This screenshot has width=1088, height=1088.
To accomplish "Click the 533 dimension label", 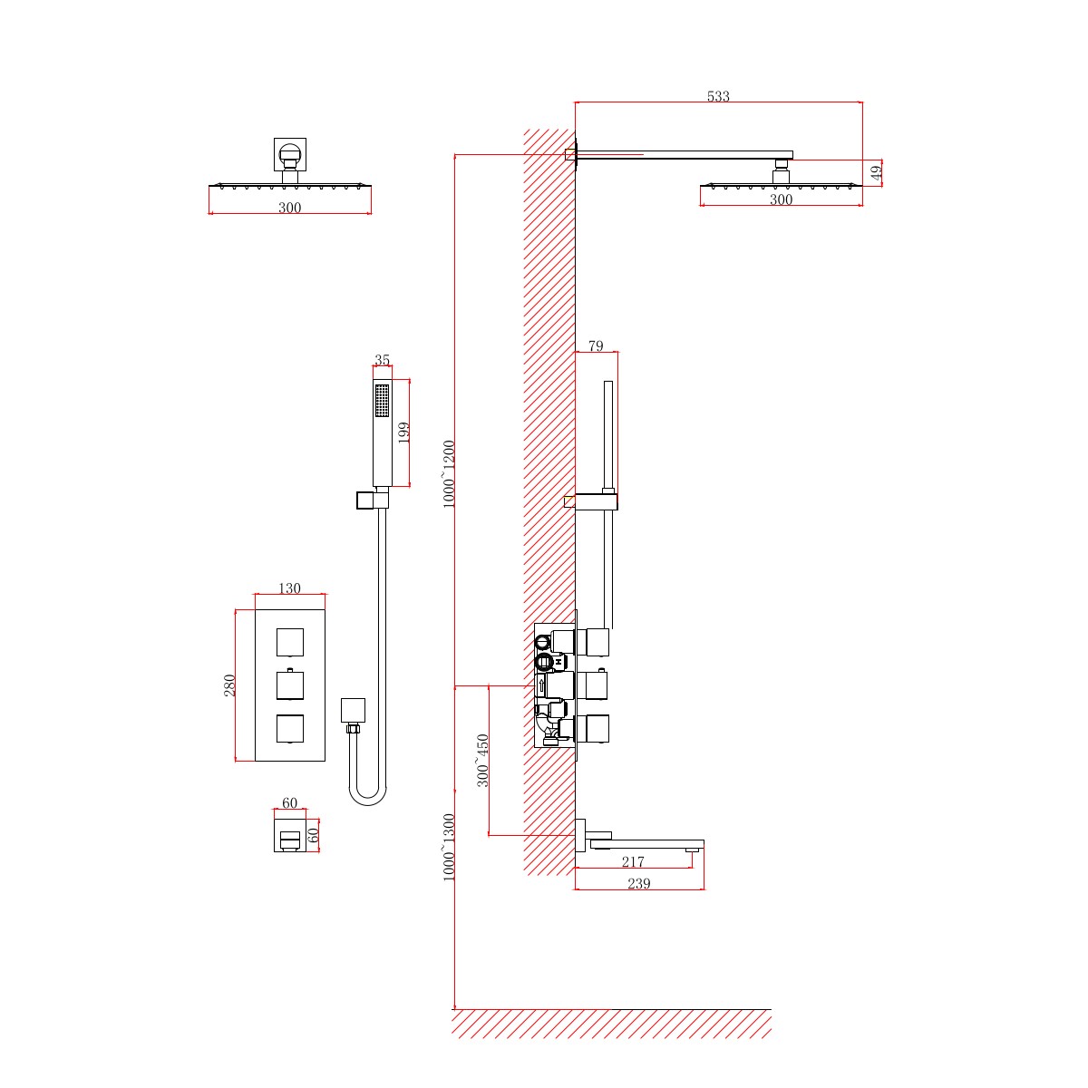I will pyautogui.click(x=718, y=96).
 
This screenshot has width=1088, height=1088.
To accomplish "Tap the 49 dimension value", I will pyautogui.click(x=877, y=173).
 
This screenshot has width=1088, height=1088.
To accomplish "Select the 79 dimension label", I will pyautogui.click(x=596, y=345).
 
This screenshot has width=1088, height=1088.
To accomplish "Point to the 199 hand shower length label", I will pyautogui.click(x=404, y=431).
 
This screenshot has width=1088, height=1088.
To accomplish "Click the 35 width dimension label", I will pyautogui.click(x=382, y=360).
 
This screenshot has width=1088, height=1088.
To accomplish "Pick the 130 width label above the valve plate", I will pyautogui.click(x=289, y=588).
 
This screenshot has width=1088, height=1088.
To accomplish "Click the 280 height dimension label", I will pyautogui.click(x=229, y=685).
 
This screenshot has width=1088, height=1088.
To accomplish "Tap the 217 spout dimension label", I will pyautogui.click(x=633, y=861).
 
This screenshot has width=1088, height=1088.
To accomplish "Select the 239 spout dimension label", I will pyautogui.click(x=639, y=883).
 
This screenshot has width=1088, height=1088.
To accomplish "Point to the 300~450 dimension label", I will pyautogui.click(x=483, y=760).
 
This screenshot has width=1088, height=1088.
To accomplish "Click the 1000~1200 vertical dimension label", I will pyautogui.click(x=450, y=473).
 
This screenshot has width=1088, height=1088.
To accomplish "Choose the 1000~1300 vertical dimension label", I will pyautogui.click(x=450, y=847).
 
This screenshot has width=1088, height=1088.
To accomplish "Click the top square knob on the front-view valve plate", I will pyautogui.click(x=289, y=642).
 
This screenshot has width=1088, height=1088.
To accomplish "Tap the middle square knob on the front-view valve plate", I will pyautogui.click(x=289, y=685).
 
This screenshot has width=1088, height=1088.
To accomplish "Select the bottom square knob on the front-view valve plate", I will pyautogui.click(x=289, y=728).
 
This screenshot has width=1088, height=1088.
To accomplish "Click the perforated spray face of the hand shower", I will pyautogui.click(x=382, y=400).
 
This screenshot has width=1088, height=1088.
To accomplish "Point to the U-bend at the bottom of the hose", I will pyautogui.click(x=367, y=795).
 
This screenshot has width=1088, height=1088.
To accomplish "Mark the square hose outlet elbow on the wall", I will pyautogui.click(x=353, y=709).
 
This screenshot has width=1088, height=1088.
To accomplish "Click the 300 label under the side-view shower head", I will pyautogui.click(x=781, y=199).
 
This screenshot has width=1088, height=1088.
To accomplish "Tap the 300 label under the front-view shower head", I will pyautogui.click(x=289, y=208).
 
